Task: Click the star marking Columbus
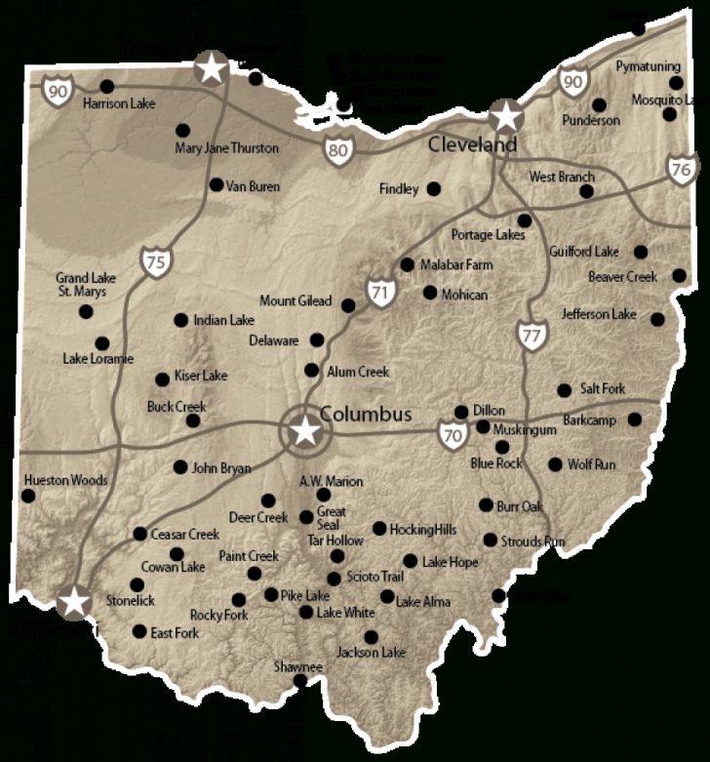point(305,430)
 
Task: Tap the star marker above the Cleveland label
point(505,117)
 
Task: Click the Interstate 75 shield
point(154,261)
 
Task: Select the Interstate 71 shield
point(380,291)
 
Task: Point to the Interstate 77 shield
point(531,335)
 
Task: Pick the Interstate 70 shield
point(452,436)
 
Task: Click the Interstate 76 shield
point(683,169)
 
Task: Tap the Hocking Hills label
point(423,530)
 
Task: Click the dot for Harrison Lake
point(106,86)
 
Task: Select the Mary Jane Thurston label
point(226,148)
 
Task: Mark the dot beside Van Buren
point(216,184)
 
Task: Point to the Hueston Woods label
point(65,480)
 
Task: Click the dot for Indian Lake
point(180,319)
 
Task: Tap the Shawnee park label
point(297,666)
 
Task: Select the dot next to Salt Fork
point(564,390)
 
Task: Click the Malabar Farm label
point(456,264)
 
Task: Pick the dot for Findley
point(433,188)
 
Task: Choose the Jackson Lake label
point(372,652)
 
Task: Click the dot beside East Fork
point(138,632)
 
